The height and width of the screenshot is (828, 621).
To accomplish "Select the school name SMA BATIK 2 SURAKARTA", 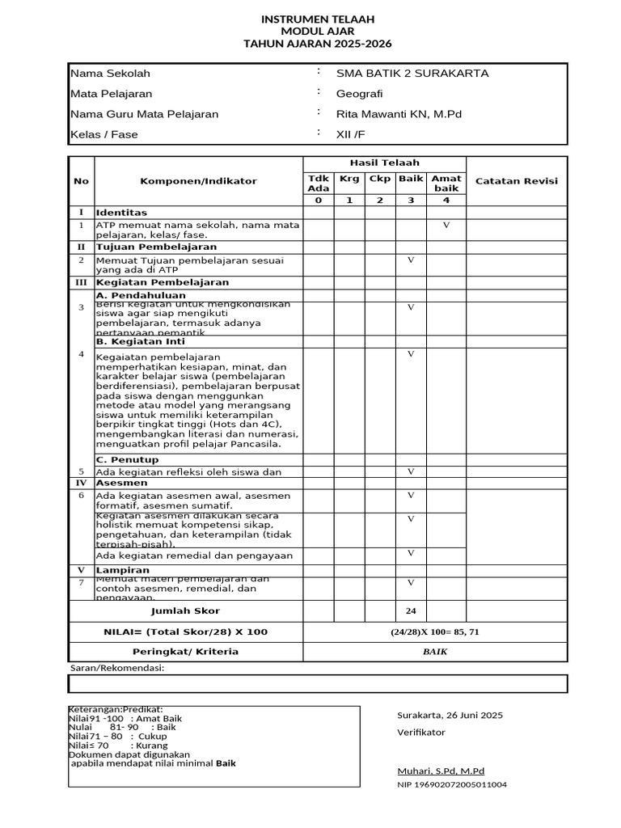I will coord(412,74).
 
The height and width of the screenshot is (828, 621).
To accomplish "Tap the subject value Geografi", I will coord(359,94).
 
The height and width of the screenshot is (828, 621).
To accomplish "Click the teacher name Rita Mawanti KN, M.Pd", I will coord(399,114).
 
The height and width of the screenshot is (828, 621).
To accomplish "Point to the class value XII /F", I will coord(350,134).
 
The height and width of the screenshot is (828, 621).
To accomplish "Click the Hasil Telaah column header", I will coord(384,163).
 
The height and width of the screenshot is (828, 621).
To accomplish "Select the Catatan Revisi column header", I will coord(516,181).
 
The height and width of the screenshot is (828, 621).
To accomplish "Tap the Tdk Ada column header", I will coord(318,183).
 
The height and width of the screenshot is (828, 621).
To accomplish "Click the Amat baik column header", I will coord(446,183).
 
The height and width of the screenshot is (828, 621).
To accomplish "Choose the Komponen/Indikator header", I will coord(198,181).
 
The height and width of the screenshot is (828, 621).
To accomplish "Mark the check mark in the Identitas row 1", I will coord(446,225).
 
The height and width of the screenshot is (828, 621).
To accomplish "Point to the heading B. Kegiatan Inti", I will coord(140,341).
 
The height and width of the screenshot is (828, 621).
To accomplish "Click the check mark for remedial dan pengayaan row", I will coord(411,553).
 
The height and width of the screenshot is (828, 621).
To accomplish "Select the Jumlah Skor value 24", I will coord(411,610).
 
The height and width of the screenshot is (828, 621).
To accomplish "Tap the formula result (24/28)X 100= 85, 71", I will coord(435,632).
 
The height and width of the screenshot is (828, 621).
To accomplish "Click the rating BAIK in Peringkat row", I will coord(435,652).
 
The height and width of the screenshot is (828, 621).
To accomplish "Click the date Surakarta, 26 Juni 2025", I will coord(450,715).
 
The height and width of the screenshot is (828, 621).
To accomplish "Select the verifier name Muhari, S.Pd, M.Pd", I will coord(441,771).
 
